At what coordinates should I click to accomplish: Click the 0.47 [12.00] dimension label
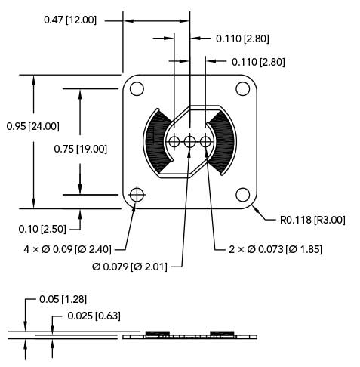(70, 20)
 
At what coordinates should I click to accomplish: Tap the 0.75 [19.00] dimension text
(80, 149)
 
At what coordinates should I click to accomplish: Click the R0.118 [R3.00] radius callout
(312, 221)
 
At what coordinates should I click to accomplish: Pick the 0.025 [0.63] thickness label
(94, 316)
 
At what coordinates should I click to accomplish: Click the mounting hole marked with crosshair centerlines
(137, 196)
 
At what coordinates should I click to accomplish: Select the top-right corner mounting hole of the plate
(242, 88)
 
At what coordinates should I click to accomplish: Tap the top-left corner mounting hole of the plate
(137, 88)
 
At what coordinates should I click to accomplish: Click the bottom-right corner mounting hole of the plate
(242, 196)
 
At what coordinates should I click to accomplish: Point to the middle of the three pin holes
(189, 141)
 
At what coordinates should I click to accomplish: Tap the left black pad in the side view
(157, 333)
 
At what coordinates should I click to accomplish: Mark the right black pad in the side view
(222, 333)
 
